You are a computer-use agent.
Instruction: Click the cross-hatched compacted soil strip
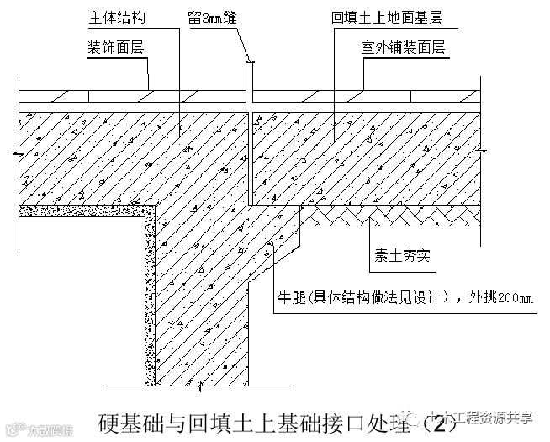click(x=395, y=218)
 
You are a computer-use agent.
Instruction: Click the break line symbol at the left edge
click(x=19, y=154)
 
